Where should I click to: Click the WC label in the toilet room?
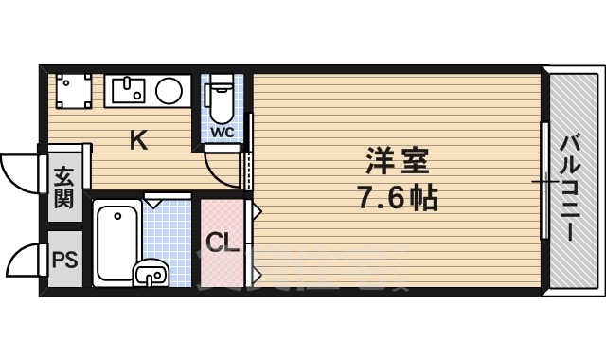pos(221,132)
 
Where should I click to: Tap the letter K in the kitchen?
pos(138,141)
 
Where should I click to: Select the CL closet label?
pos(223,243)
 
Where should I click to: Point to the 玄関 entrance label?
pos(63,188)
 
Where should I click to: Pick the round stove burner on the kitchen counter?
pos(169,91)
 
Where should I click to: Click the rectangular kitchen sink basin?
pos(126,91)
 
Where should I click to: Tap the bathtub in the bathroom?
pos(117,243)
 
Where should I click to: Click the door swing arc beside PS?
pos(24,259)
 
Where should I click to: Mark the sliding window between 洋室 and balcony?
pos(544,180)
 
